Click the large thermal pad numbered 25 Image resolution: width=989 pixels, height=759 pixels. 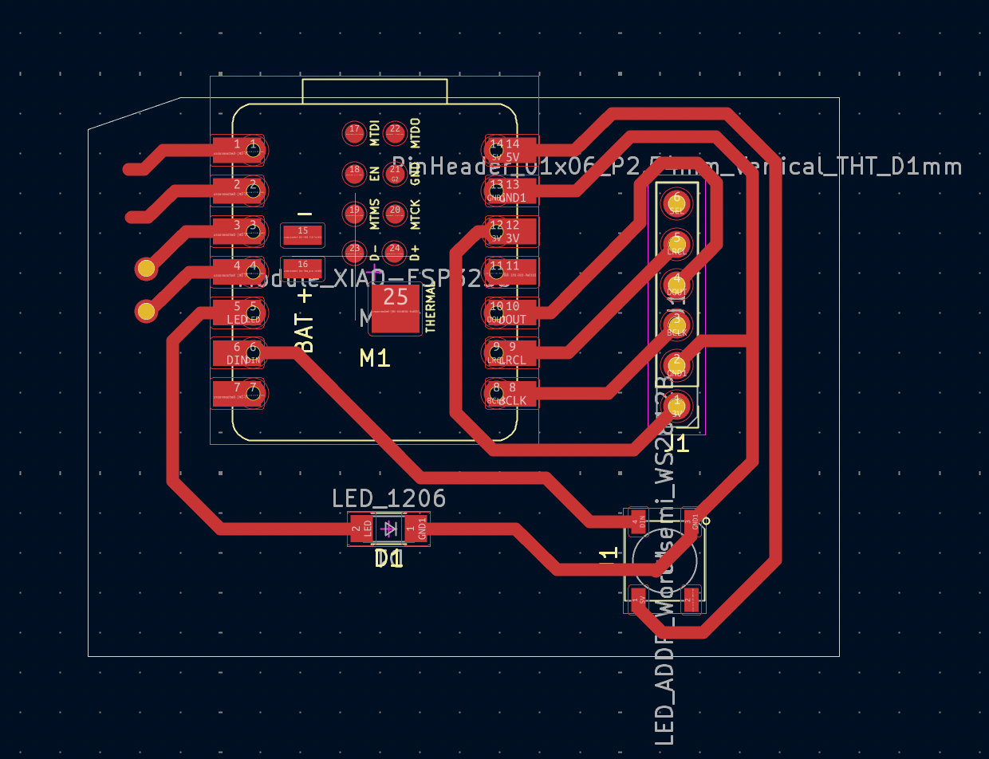coord(396,308)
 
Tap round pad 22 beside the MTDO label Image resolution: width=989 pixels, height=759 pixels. coord(395,132)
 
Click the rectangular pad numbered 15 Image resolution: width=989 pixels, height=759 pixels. coord(302,234)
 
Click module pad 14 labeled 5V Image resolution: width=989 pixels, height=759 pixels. coord(510,148)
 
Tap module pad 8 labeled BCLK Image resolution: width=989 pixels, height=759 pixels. coord(510,392)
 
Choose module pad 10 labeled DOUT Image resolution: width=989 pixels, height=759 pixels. coord(510,311)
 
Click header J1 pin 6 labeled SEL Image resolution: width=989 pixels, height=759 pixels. coord(677,203)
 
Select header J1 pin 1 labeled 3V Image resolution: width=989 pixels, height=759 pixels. coord(677,405)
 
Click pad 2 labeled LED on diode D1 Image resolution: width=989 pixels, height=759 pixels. coord(361,528)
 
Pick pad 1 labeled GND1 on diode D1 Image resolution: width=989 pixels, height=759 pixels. coord(416,528)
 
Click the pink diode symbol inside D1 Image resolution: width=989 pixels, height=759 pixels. coord(389,528)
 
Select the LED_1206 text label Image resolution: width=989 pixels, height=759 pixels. coord(388,499)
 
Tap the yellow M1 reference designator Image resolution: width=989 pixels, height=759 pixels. coord(375,359)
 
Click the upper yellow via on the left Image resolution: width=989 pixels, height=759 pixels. coord(146,269)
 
